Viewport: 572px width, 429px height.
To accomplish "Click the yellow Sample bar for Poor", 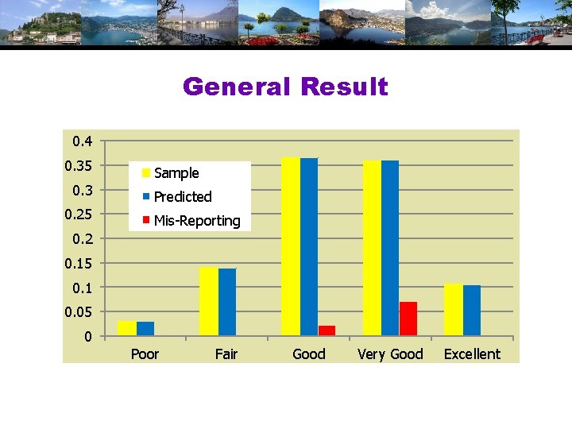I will [x=126, y=328].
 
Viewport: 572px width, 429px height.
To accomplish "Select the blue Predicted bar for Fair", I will [x=227, y=302].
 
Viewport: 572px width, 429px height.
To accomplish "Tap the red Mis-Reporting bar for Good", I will [x=327, y=330].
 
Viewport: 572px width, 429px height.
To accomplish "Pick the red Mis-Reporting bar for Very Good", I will [x=408, y=319].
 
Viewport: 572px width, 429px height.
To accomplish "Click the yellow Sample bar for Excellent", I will [x=453, y=310].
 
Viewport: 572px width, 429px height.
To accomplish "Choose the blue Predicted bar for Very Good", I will [x=390, y=248].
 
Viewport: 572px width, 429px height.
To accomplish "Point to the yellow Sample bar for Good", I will [x=291, y=246].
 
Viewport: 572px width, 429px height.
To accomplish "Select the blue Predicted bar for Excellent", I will [x=472, y=311].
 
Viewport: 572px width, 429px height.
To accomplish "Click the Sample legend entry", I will [x=176, y=173].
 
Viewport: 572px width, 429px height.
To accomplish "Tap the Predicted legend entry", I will [x=182, y=197].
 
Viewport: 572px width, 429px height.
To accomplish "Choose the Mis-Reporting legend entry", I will [x=196, y=221].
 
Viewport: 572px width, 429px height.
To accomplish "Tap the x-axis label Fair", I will [x=226, y=354].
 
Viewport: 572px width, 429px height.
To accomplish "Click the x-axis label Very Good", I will [x=390, y=354].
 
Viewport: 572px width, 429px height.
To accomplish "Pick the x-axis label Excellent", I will [x=472, y=354].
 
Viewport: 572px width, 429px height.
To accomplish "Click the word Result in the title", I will [x=343, y=87].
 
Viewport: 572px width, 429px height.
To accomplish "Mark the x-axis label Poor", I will [x=145, y=354].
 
